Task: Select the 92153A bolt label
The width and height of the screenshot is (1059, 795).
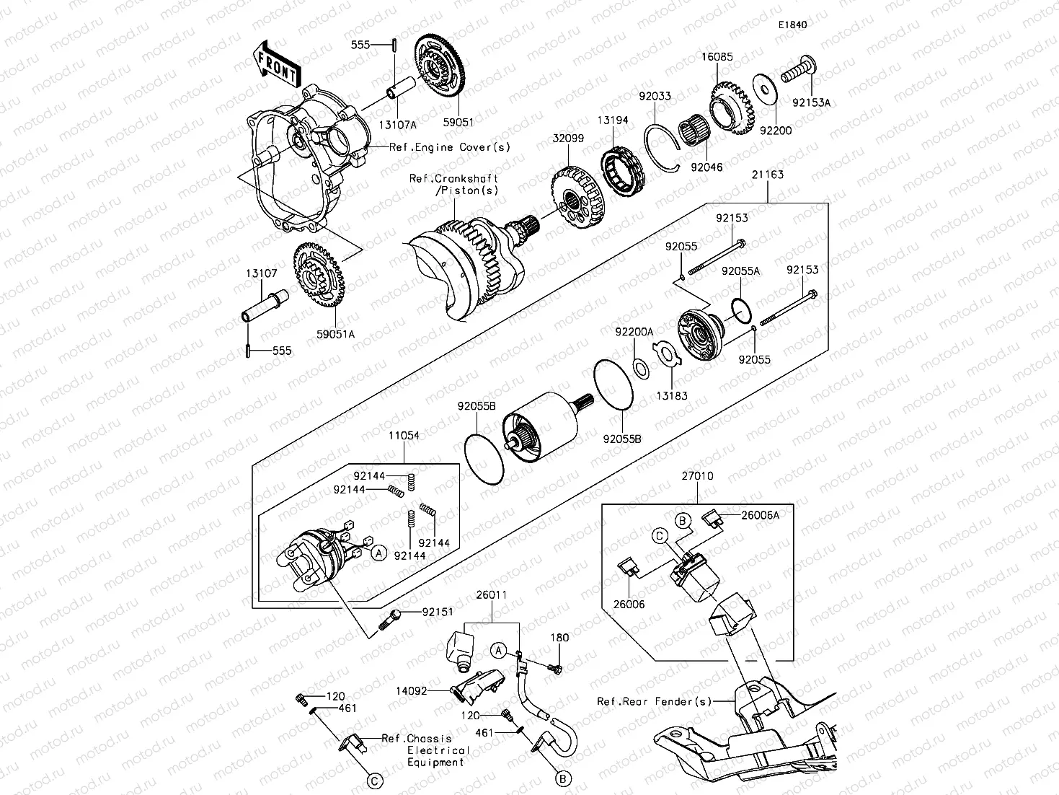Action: tap(811, 102)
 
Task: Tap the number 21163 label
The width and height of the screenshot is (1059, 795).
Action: tap(767, 174)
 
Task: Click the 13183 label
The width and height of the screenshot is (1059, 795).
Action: tap(672, 395)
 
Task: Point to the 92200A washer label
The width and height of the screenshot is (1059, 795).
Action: tap(634, 332)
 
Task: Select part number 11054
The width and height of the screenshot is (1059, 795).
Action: tap(404, 436)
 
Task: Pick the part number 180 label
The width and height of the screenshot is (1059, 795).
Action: tap(559, 637)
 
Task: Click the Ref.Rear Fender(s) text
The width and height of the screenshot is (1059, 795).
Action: tap(655, 701)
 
